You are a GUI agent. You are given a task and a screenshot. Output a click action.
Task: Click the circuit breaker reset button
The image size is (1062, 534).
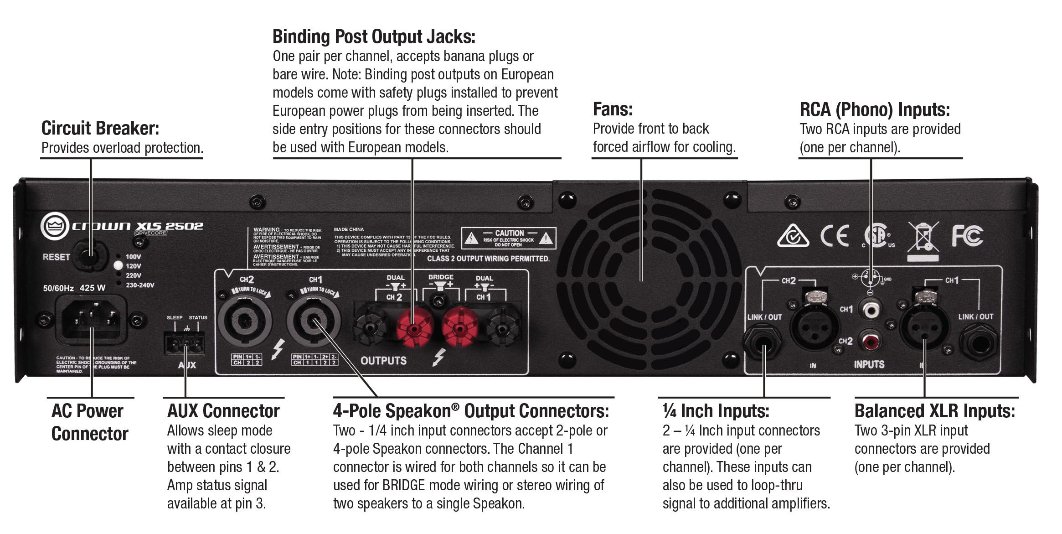coord(91,256)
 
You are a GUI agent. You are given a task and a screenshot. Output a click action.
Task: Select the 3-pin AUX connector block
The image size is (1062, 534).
coord(185,343)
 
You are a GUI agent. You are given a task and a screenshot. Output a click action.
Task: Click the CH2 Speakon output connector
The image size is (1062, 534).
coord(245,319)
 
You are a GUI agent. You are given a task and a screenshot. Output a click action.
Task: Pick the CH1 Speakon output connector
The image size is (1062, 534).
coord(313,320)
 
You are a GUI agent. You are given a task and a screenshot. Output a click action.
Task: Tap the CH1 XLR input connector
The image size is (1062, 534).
coord(924,327)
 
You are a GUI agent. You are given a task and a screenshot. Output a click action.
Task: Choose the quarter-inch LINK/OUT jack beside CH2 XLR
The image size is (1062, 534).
coord(763,342)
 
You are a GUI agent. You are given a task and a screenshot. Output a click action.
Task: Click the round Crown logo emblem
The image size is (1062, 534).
coord(55,226)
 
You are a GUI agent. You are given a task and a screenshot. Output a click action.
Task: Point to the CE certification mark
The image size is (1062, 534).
coord(835,236)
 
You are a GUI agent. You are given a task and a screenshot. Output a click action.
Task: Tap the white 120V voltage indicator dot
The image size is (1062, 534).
coord(118,266)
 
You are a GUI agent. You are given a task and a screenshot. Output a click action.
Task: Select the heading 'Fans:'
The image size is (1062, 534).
coord(613,109)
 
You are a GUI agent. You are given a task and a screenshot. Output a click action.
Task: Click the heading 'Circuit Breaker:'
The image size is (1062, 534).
coord(100,128)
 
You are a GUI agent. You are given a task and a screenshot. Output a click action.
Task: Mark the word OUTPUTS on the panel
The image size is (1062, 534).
coord(383,361)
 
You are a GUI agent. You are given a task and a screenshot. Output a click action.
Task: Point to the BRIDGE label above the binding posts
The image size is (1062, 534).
coord(441,277)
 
